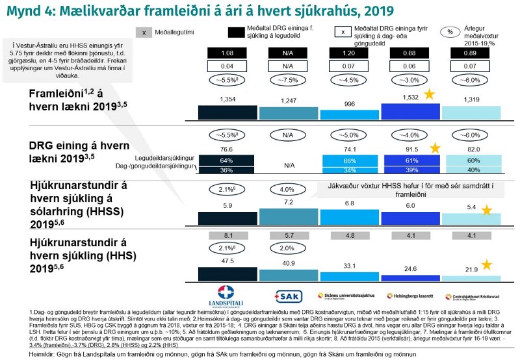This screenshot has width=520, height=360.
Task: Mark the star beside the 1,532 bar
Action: (x=429, y=95)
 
